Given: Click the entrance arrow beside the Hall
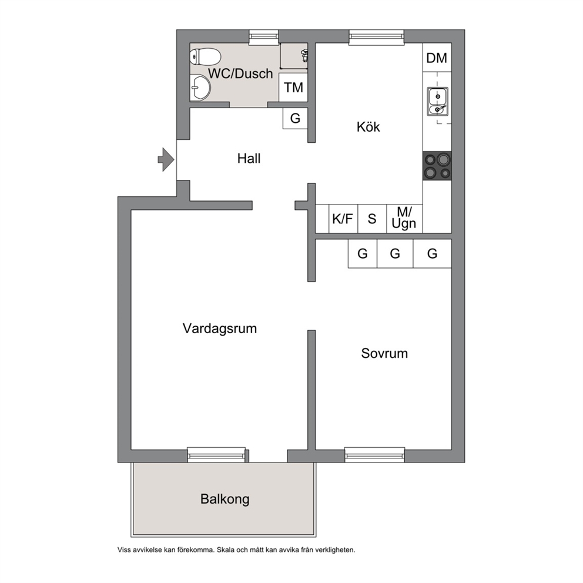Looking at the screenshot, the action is click(x=166, y=159).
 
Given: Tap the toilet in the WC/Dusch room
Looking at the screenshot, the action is click(x=205, y=56).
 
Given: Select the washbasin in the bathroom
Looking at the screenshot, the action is click(x=200, y=88).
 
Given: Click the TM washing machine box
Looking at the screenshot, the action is click(x=293, y=88).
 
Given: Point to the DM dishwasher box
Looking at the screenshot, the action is click(x=437, y=58).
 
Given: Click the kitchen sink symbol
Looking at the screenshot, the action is click(x=438, y=101).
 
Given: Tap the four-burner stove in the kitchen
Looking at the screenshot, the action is click(x=437, y=166).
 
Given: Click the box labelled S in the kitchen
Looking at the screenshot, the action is click(x=372, y=219).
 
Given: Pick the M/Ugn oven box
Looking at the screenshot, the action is click(x=404, y=219).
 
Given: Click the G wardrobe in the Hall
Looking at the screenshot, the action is click(x=295, y=118).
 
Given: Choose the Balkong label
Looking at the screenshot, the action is click(x=225, y=499).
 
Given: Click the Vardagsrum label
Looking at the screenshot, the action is click(x=220, y=329).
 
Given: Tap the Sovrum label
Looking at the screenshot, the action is click(x=384, y=353).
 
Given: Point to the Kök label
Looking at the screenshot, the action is click(x=368, y=127).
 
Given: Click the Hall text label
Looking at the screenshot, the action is click(x=249, y=159).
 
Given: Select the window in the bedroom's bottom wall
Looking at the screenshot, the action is click(x=374, y=455).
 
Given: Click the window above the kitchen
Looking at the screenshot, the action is click(x=376, y=37).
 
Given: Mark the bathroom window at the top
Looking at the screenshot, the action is click(x=264, y=37).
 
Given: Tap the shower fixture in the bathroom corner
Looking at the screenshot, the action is click(x=304, y=55).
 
